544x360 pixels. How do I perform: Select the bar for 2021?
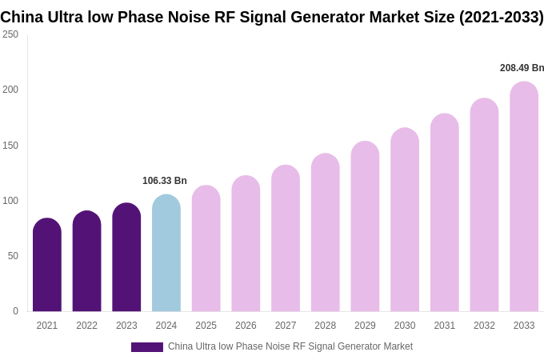coord(47,266)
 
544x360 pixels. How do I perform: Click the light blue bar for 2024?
coord(166,254)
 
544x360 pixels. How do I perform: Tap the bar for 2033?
coord(524,197)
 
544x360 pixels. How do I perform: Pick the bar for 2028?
coord(326,233)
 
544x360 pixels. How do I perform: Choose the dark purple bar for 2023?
coord(126,258)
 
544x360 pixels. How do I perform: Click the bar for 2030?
coord(405,220)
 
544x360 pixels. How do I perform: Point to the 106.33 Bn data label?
coord(165,181)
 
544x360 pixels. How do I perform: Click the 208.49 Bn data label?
coord(522,68)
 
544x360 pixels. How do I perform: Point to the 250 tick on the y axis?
coord(10,34)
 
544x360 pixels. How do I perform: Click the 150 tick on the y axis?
coord(10,146)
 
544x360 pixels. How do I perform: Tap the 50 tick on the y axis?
coord(13,256)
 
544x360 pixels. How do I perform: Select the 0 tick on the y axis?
coord(15,311)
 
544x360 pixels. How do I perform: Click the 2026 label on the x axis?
coord(246,326)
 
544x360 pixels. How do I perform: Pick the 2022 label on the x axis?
coord(87,326)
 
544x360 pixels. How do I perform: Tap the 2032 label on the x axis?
coord(484,326)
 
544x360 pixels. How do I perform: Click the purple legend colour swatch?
coord(147,347)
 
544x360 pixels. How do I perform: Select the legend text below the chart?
coord(290,346)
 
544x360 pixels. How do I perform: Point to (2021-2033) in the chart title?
coord(501,17)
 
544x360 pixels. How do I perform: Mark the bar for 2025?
coord(206,249)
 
